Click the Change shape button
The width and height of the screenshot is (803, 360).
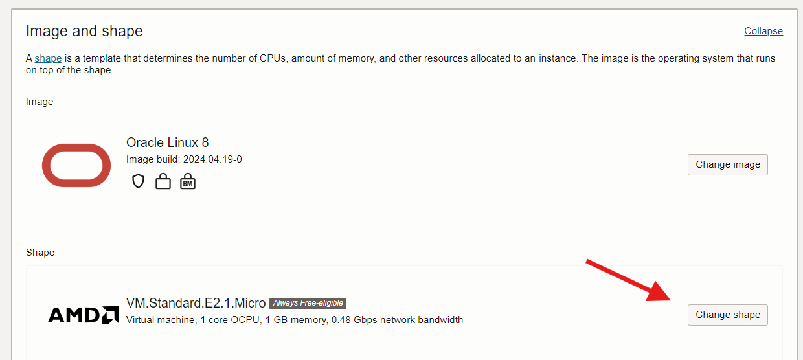coord(727,315)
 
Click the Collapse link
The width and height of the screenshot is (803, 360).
coord(763,31)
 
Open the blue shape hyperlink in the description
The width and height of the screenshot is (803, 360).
coord(48,58)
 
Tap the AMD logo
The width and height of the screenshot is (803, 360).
coord(84,315)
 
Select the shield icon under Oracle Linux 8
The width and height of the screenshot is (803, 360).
coord(138,181)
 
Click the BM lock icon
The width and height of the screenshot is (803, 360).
coord(188,181)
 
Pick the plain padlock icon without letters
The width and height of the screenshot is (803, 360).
coord(163,181)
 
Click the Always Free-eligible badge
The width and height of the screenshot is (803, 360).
coord(308,303)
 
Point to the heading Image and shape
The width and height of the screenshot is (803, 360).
coord(84,31)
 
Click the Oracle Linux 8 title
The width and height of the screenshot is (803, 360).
coord(168,142)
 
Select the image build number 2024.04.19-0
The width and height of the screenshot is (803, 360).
coord(212,159)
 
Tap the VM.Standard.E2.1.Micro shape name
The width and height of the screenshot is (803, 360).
coord(196,303)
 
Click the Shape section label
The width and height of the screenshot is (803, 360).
coord(40,253)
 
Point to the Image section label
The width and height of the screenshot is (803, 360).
coord(40,102)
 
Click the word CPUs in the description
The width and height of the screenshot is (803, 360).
coord(273,58)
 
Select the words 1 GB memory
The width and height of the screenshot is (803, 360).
coord(296,320)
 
